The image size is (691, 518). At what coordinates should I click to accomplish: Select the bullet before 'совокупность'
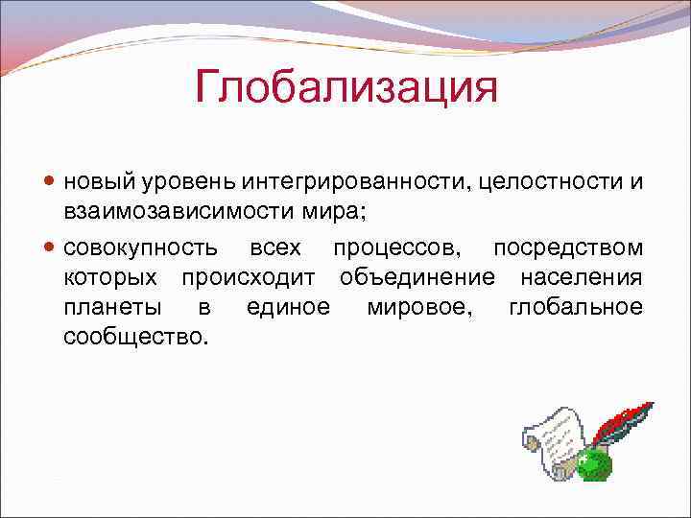point(51,248)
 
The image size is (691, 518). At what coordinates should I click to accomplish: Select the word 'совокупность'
point(140,248)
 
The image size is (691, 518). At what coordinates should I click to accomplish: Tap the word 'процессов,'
point(395,248)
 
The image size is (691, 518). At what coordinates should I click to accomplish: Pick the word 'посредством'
point(567,248)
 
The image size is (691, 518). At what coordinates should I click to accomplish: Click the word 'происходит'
point(252,277)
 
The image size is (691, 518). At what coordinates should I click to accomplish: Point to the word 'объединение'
point(417,278)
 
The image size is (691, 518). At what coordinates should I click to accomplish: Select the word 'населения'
point(581,277)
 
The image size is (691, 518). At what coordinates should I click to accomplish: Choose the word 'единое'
point(287,307)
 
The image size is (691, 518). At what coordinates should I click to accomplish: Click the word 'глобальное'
point(576,307)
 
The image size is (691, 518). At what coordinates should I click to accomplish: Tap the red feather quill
point(623,420)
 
